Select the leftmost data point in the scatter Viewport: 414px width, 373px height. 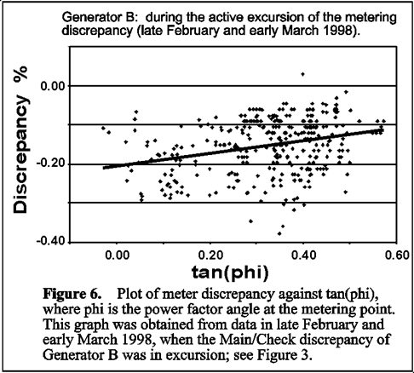(103, 129)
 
